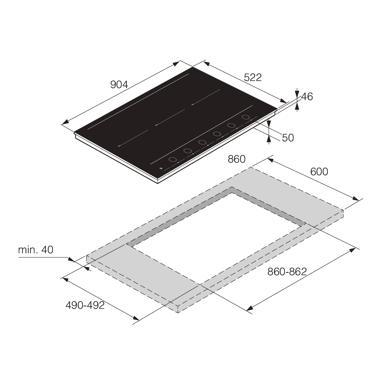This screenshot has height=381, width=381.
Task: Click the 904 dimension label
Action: tap(119, 85)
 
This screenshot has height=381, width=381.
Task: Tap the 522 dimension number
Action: tap(253, 77)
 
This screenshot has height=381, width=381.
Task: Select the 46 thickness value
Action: tap(307, 96)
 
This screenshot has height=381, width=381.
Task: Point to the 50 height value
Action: tap(288, 138)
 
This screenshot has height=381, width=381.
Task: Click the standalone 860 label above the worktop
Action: tap(236, 159)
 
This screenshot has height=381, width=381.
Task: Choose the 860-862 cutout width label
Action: tap(286, 272)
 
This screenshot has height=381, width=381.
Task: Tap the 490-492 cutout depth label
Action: tap(85, 305)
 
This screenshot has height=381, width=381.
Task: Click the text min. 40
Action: tap(35, 250)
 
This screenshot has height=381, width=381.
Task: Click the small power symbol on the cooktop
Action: tap(161, 168)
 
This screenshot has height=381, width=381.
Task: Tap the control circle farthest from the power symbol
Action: tap(246, 117)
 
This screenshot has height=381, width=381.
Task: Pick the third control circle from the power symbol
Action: tap(202, 142)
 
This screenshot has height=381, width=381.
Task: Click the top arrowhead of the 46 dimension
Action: tap(297, 93)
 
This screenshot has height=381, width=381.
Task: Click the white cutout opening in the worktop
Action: tap(216, 239)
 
